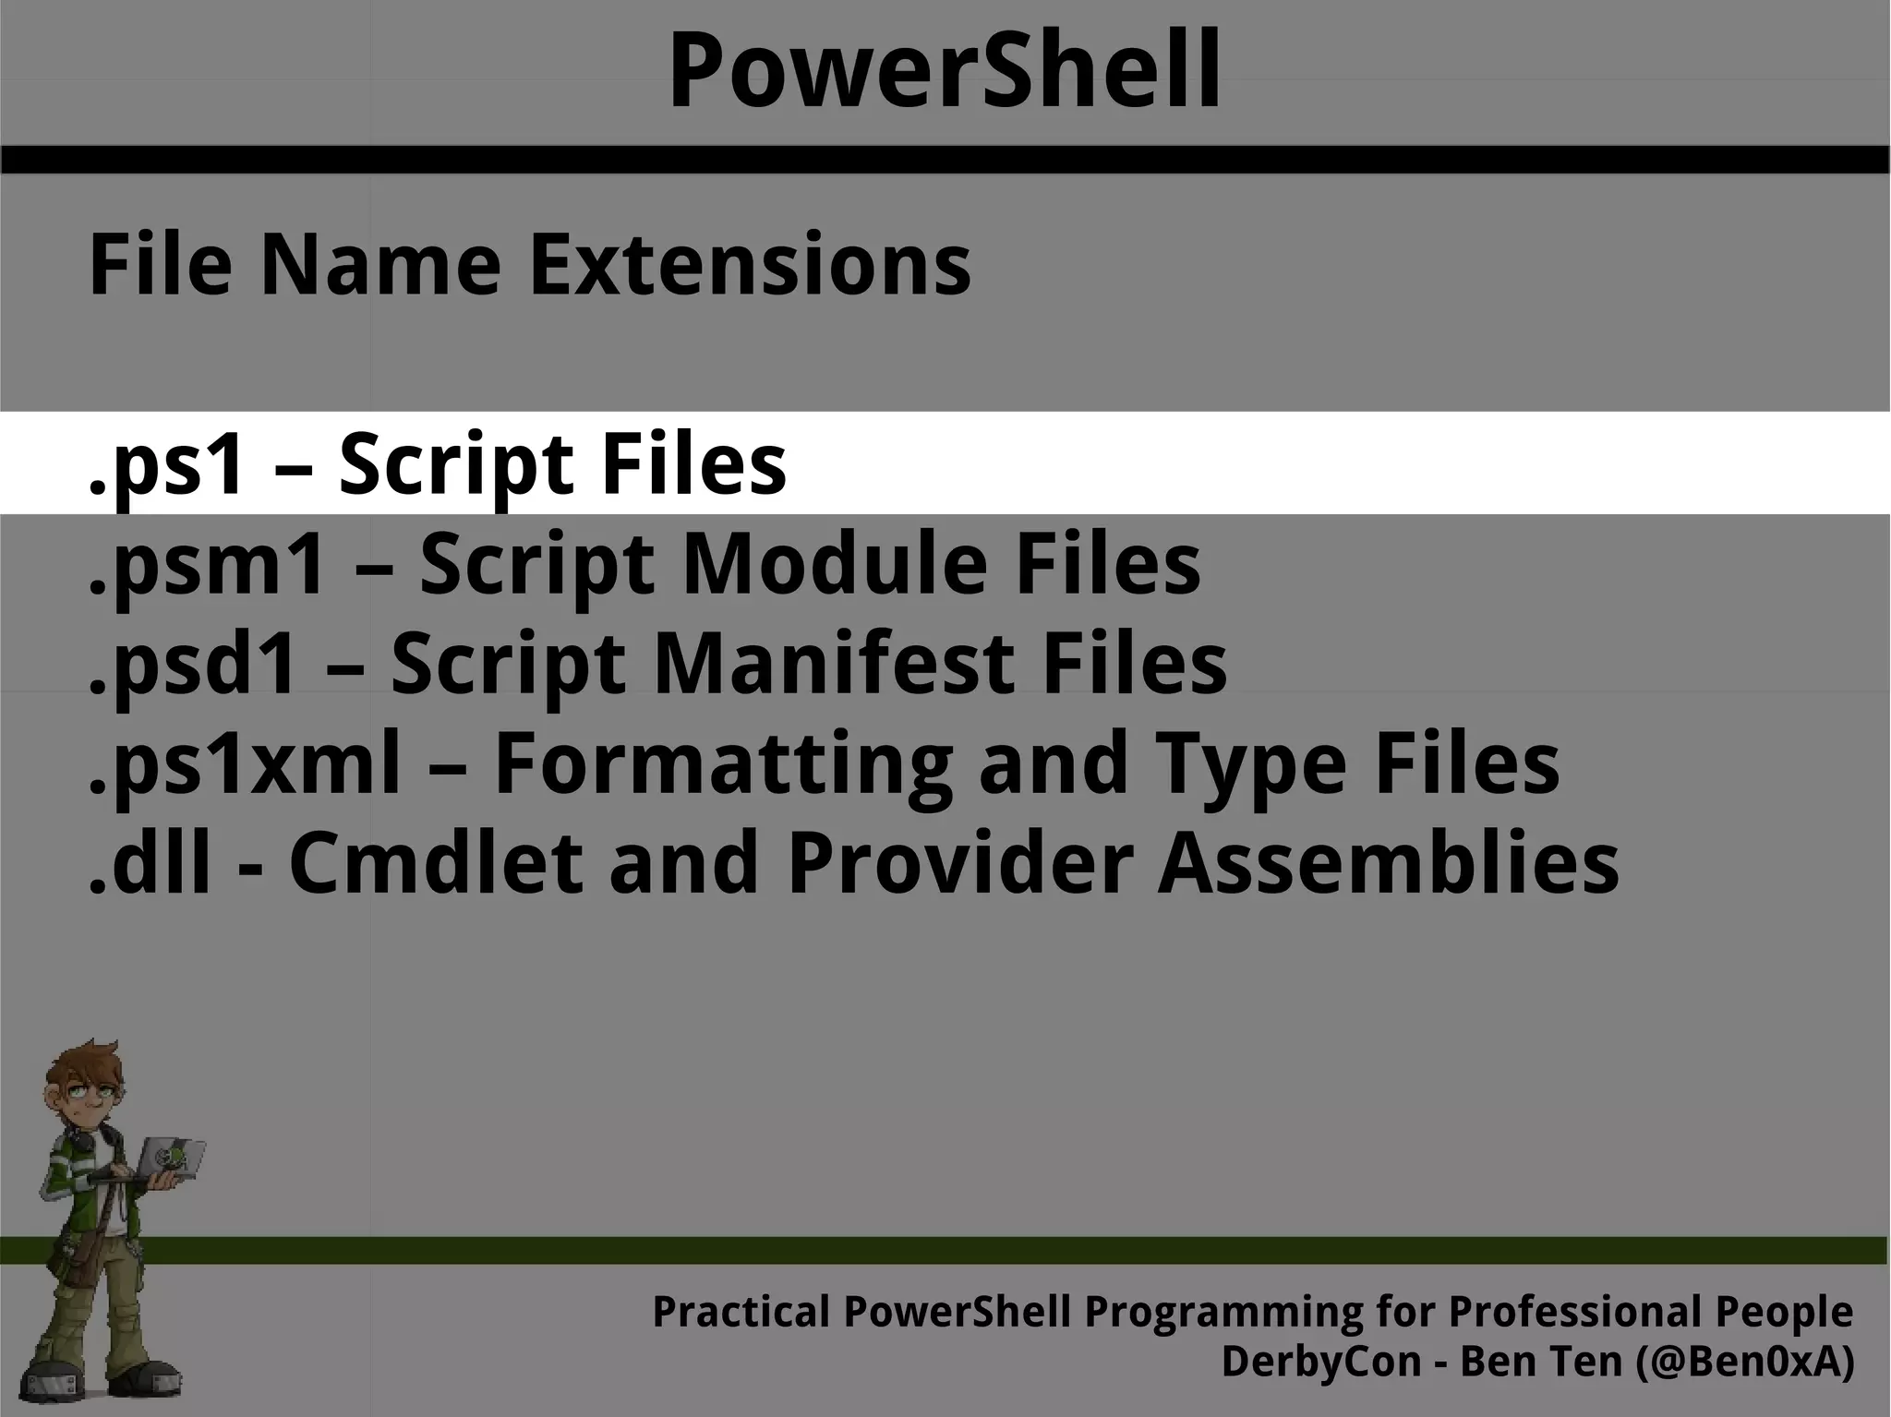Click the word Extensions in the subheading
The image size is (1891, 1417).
(x=749, y=265)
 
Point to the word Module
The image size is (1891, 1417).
(x=835, y=564)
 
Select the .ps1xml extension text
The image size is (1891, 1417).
(x=245, y=764)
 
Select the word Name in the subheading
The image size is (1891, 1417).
(x=379, y=265)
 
